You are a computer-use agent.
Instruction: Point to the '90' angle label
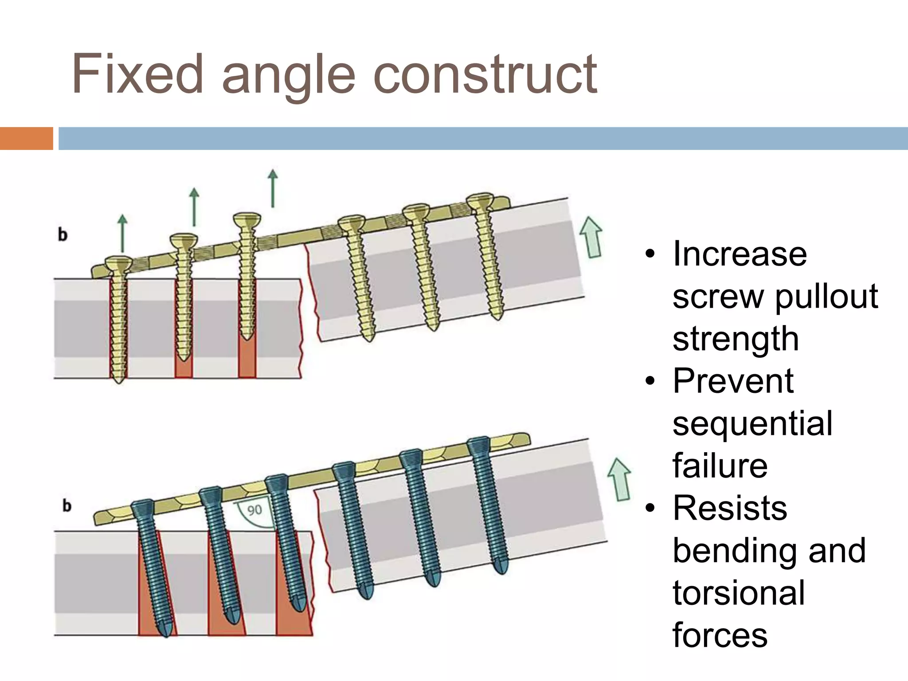(254, 510)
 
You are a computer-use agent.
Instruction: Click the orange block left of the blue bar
(26, 138)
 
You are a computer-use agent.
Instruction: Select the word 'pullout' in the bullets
(827, 296)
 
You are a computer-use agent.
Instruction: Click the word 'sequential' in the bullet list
(752, 423)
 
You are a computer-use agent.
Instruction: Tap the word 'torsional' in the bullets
(739, 593)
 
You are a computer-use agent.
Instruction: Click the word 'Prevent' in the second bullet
(733, 381)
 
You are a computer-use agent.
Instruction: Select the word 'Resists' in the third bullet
(730, 508)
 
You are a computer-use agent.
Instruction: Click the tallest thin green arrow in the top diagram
(273, 188)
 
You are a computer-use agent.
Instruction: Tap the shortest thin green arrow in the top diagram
(122, 233)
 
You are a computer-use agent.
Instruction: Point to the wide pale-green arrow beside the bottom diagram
(619, 479)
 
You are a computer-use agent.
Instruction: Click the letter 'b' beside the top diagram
(63, 234)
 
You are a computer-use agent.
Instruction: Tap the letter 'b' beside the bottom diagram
(67, 505)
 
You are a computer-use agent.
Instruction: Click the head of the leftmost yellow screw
(118, 262)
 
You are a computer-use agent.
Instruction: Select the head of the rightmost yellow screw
(480, 200)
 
